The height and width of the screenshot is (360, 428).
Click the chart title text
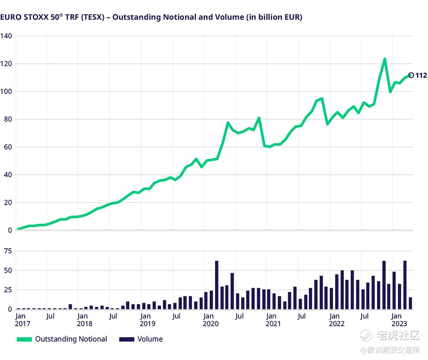point(151,17)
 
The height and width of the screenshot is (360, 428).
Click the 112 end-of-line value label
point(421,76)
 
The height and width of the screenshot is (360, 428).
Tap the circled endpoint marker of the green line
point(411,75)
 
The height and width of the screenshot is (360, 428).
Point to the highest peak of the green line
point(385,59)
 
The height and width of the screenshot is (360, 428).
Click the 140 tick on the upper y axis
point(6,36)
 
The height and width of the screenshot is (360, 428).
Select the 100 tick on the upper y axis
point(6,91)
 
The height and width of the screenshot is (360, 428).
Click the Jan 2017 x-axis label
point(20,319)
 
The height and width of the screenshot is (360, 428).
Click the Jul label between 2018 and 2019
point(113,316)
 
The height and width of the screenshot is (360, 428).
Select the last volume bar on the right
point(410,303)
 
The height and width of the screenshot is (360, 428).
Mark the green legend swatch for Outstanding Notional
point(24,339)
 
